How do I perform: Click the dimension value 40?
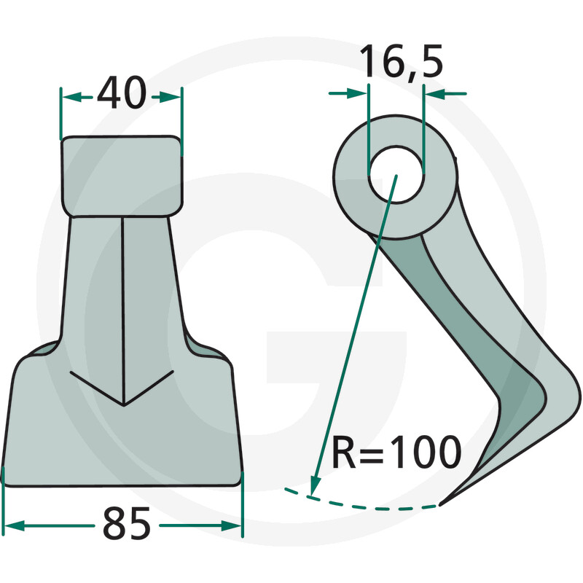pyautogui.click(x=122, y=93)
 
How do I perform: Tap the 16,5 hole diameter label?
pyautogui.click(x=401, y=60)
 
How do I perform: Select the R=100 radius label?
pyautogui.click(x=396, y=452)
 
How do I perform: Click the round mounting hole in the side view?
pyautogui.click(x=396, y=174)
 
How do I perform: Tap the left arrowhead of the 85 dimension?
pyautogui.click(x=14, y=525)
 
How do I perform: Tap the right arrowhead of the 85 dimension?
pyautogui.click(x=231, y=525)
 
